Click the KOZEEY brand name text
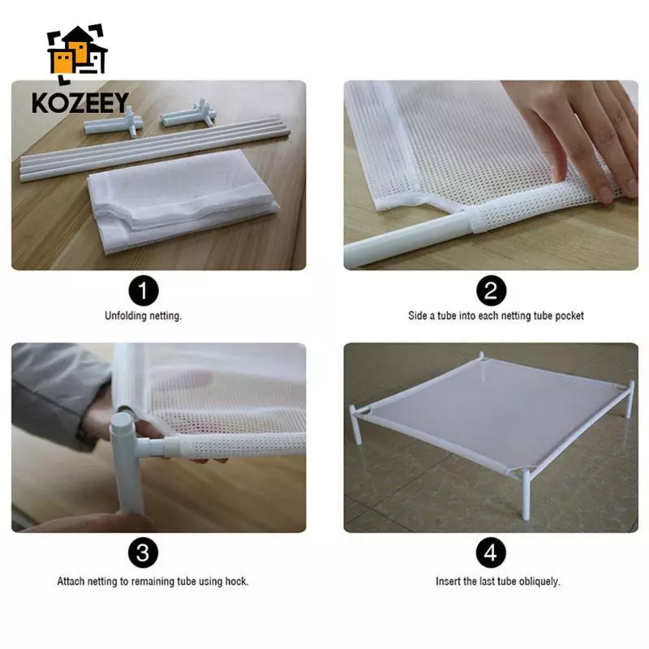pos(80,103)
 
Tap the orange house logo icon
pos(77,53)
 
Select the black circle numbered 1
pos(144,290)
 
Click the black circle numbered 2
pos(491,290)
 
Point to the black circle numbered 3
pos(144,552)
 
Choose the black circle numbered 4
pos(491,552)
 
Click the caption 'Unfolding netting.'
pos(144,316)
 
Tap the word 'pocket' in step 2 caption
pos(569,316)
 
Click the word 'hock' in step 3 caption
pos(236,581)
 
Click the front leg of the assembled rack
pos(526,495)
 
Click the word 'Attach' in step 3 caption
pos(71,581)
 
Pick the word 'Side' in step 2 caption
pos(417,316)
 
